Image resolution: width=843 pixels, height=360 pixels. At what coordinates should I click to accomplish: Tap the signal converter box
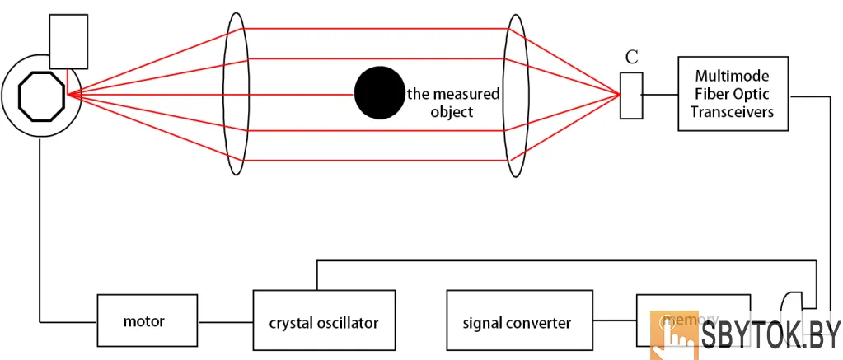tap(517, 321)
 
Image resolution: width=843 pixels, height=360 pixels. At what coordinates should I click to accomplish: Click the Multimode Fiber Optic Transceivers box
tap(733, 93)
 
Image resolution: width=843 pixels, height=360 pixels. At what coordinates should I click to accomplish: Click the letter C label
tap(631, 57)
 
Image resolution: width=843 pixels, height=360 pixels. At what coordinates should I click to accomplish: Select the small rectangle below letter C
tap(631, 95)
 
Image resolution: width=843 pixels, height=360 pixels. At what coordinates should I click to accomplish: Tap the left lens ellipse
tap(236, 94)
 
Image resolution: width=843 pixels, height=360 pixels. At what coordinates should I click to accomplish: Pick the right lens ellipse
tap(515, 94)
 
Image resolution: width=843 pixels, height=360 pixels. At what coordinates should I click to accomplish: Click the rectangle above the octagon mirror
tap(68, 42)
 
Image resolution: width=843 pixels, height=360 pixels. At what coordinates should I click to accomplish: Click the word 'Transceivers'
tap(733, 112)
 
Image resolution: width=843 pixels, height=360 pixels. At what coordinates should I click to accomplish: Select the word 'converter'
tap(541, 322)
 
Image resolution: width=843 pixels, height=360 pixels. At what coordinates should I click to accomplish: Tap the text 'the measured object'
tap(453, 102)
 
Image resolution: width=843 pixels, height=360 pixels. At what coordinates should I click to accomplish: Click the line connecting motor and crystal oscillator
tap(225, 320)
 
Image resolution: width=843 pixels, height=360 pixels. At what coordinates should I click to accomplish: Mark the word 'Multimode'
tap(733, 75)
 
